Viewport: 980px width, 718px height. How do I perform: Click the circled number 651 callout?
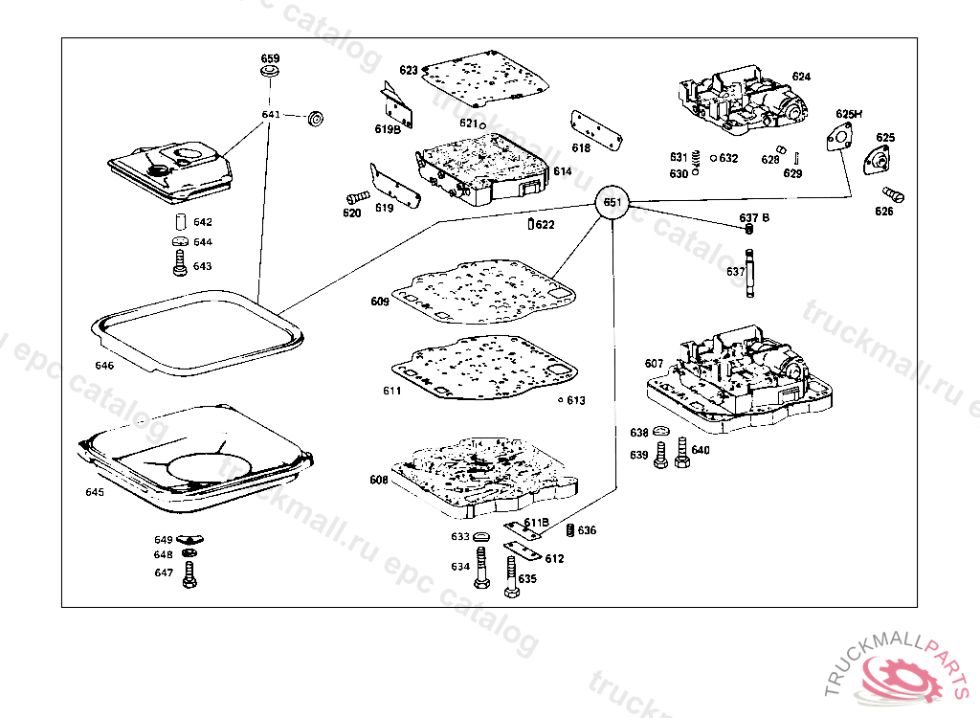click(612, 203)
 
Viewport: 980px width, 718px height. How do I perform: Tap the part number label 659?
click(270, 58)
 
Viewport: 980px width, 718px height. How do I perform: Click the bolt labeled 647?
click(189, 575)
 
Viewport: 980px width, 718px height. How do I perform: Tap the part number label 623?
click(409, 70)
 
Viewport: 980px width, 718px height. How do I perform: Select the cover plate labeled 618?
click(597, 130)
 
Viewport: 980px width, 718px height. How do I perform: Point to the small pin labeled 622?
click(531, 225)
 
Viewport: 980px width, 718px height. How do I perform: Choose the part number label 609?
click(380, 302)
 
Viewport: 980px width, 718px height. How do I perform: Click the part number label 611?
click(391, 391)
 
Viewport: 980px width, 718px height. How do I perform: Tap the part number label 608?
click(379, 480)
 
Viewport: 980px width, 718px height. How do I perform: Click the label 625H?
click(848, 114)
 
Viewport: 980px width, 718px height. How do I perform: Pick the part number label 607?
click(654, 363)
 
